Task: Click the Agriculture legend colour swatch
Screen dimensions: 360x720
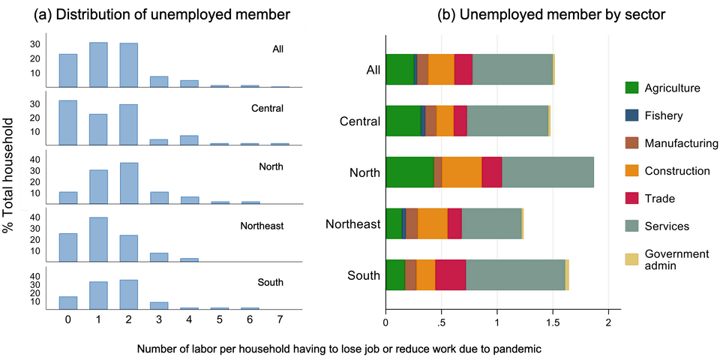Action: pyautogui.click(x=633, y=88)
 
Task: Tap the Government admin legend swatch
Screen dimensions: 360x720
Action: pyautogui.click(x=633, y=259)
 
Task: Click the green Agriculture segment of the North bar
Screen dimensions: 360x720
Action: pyautogui.click(x=409, y=172)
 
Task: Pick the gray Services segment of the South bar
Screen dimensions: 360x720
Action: pyautogui.click(x=515, y=274)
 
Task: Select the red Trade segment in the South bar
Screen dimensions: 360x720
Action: pyautogui.click(x=451, y=274)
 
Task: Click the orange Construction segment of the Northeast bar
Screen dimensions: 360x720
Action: pyautogui.click(x=433, y=223)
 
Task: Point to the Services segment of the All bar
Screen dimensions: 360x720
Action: pyautogui.click(x=512, y=69)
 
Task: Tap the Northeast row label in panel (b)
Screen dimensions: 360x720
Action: pyautogui.click(x=353, y=223)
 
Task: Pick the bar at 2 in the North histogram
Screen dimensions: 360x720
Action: pyautogui.click(x=129, y=183)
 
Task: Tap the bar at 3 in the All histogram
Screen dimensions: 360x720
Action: pyautogui.click(x=159, y=82)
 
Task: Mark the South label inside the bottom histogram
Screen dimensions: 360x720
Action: pyautogui.click(x=270, y=283)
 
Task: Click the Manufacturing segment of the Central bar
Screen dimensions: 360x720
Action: pyautogui.click(x=430, y=120)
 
